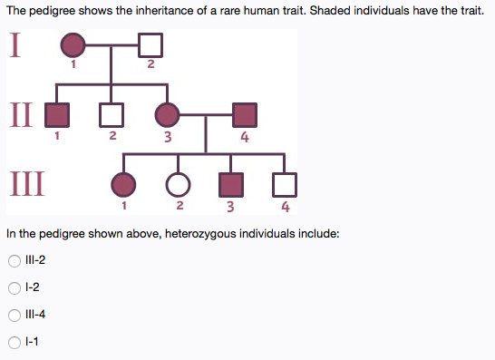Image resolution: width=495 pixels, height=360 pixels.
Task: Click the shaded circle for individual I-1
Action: pyautogui.click(x=73, y=44)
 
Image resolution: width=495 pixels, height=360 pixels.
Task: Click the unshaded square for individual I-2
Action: pyautogui.click(x=150, y=44)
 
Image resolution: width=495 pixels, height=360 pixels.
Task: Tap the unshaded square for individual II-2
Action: pyautogui.click(x=111, y=114)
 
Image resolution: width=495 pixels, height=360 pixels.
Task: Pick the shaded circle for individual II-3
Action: pyautogui.click(x=168, y=114)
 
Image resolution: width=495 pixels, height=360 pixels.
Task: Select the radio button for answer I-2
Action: pyautogui.click(x=14, y=288)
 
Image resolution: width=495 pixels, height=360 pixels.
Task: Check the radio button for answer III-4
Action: pyautogui.click(x=14, y=316)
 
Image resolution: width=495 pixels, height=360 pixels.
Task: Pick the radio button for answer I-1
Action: pyautogui.click(x=14, y=342)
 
